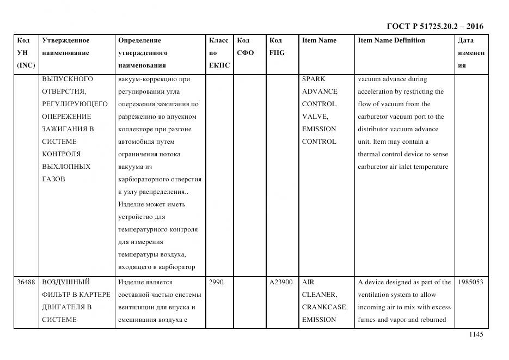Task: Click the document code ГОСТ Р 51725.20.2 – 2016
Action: pos(434,26)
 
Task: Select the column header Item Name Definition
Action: pos(391,40)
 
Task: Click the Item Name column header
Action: pos(319,40)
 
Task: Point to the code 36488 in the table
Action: pos(26,282)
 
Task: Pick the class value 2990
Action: pos(216,282)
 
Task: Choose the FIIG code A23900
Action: pos(281,282)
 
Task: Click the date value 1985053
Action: pos(470,282)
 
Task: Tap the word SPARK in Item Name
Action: pos(314,79)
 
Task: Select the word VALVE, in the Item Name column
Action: pos(315,117)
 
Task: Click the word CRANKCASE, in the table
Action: pos(324,307)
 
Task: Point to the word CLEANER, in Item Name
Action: pos(318,295)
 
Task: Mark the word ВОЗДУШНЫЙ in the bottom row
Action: pos(66,282)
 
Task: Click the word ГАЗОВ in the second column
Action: pos(53,179)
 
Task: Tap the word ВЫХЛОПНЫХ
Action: pos(66,167)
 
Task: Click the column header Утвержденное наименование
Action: pos(65,47)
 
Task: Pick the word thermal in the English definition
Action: pos(369,154)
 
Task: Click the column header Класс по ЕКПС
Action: pos(219,53)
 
